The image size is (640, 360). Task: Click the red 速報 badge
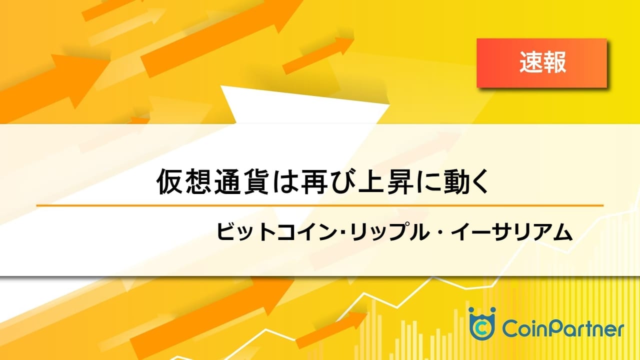click(x=541, y=63)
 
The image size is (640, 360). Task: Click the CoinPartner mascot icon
click(x=481, y=323)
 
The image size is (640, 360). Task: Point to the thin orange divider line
click(x=320, y=205)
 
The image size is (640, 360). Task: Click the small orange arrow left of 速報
click(x=318, y=56)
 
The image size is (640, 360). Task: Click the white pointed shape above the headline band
click(x=305, y=105)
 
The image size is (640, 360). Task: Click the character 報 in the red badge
click(x=554, y=63)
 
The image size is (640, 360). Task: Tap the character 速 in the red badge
click(x=531, y=63)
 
